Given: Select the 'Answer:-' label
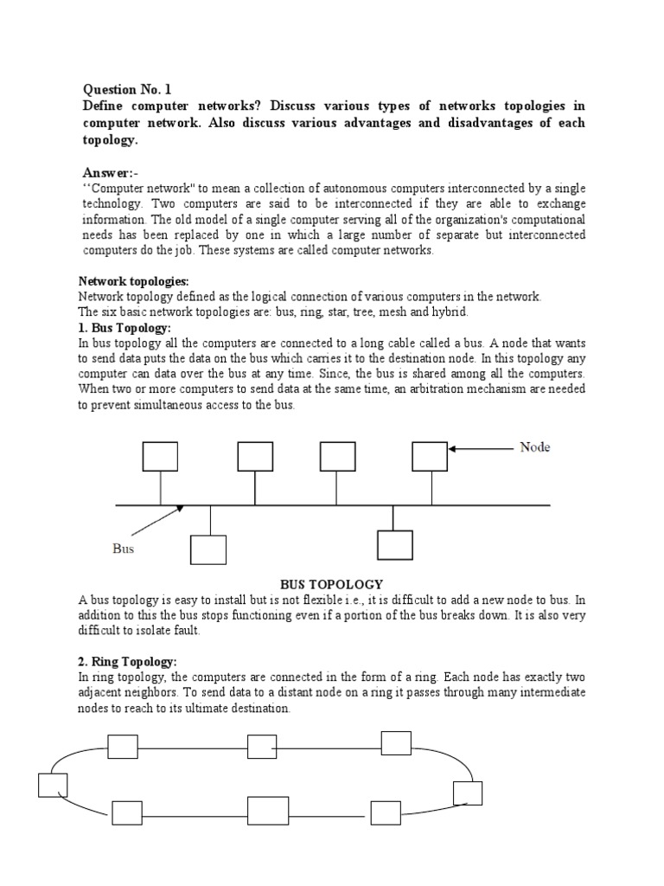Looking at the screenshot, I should (x=111, y=172).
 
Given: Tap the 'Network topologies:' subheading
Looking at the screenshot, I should (x=133, y=281).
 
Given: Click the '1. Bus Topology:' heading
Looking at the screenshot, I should (x=124, y=328).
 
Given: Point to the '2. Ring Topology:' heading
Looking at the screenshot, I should (x=128, y=662).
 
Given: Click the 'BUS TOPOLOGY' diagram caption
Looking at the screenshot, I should (x=332, y=585).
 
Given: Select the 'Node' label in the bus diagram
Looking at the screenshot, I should (x=534, y=447).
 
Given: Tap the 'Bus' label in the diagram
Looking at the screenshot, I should (x=124, y=549).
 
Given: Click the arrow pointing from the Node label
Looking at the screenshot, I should (x=481, y=449).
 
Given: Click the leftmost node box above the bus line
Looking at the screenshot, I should (x=160, y=456).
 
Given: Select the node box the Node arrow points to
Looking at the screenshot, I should (x=429, y=456).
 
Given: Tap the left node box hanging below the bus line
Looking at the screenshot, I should (x=208, y=549).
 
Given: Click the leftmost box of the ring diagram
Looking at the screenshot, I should (x=53, y=784).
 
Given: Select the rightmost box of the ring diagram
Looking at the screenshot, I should (x=468, y=793).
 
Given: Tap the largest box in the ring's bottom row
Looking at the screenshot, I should (x=268, y=811).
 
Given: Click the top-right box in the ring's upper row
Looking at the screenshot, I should (x=396, y=743).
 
